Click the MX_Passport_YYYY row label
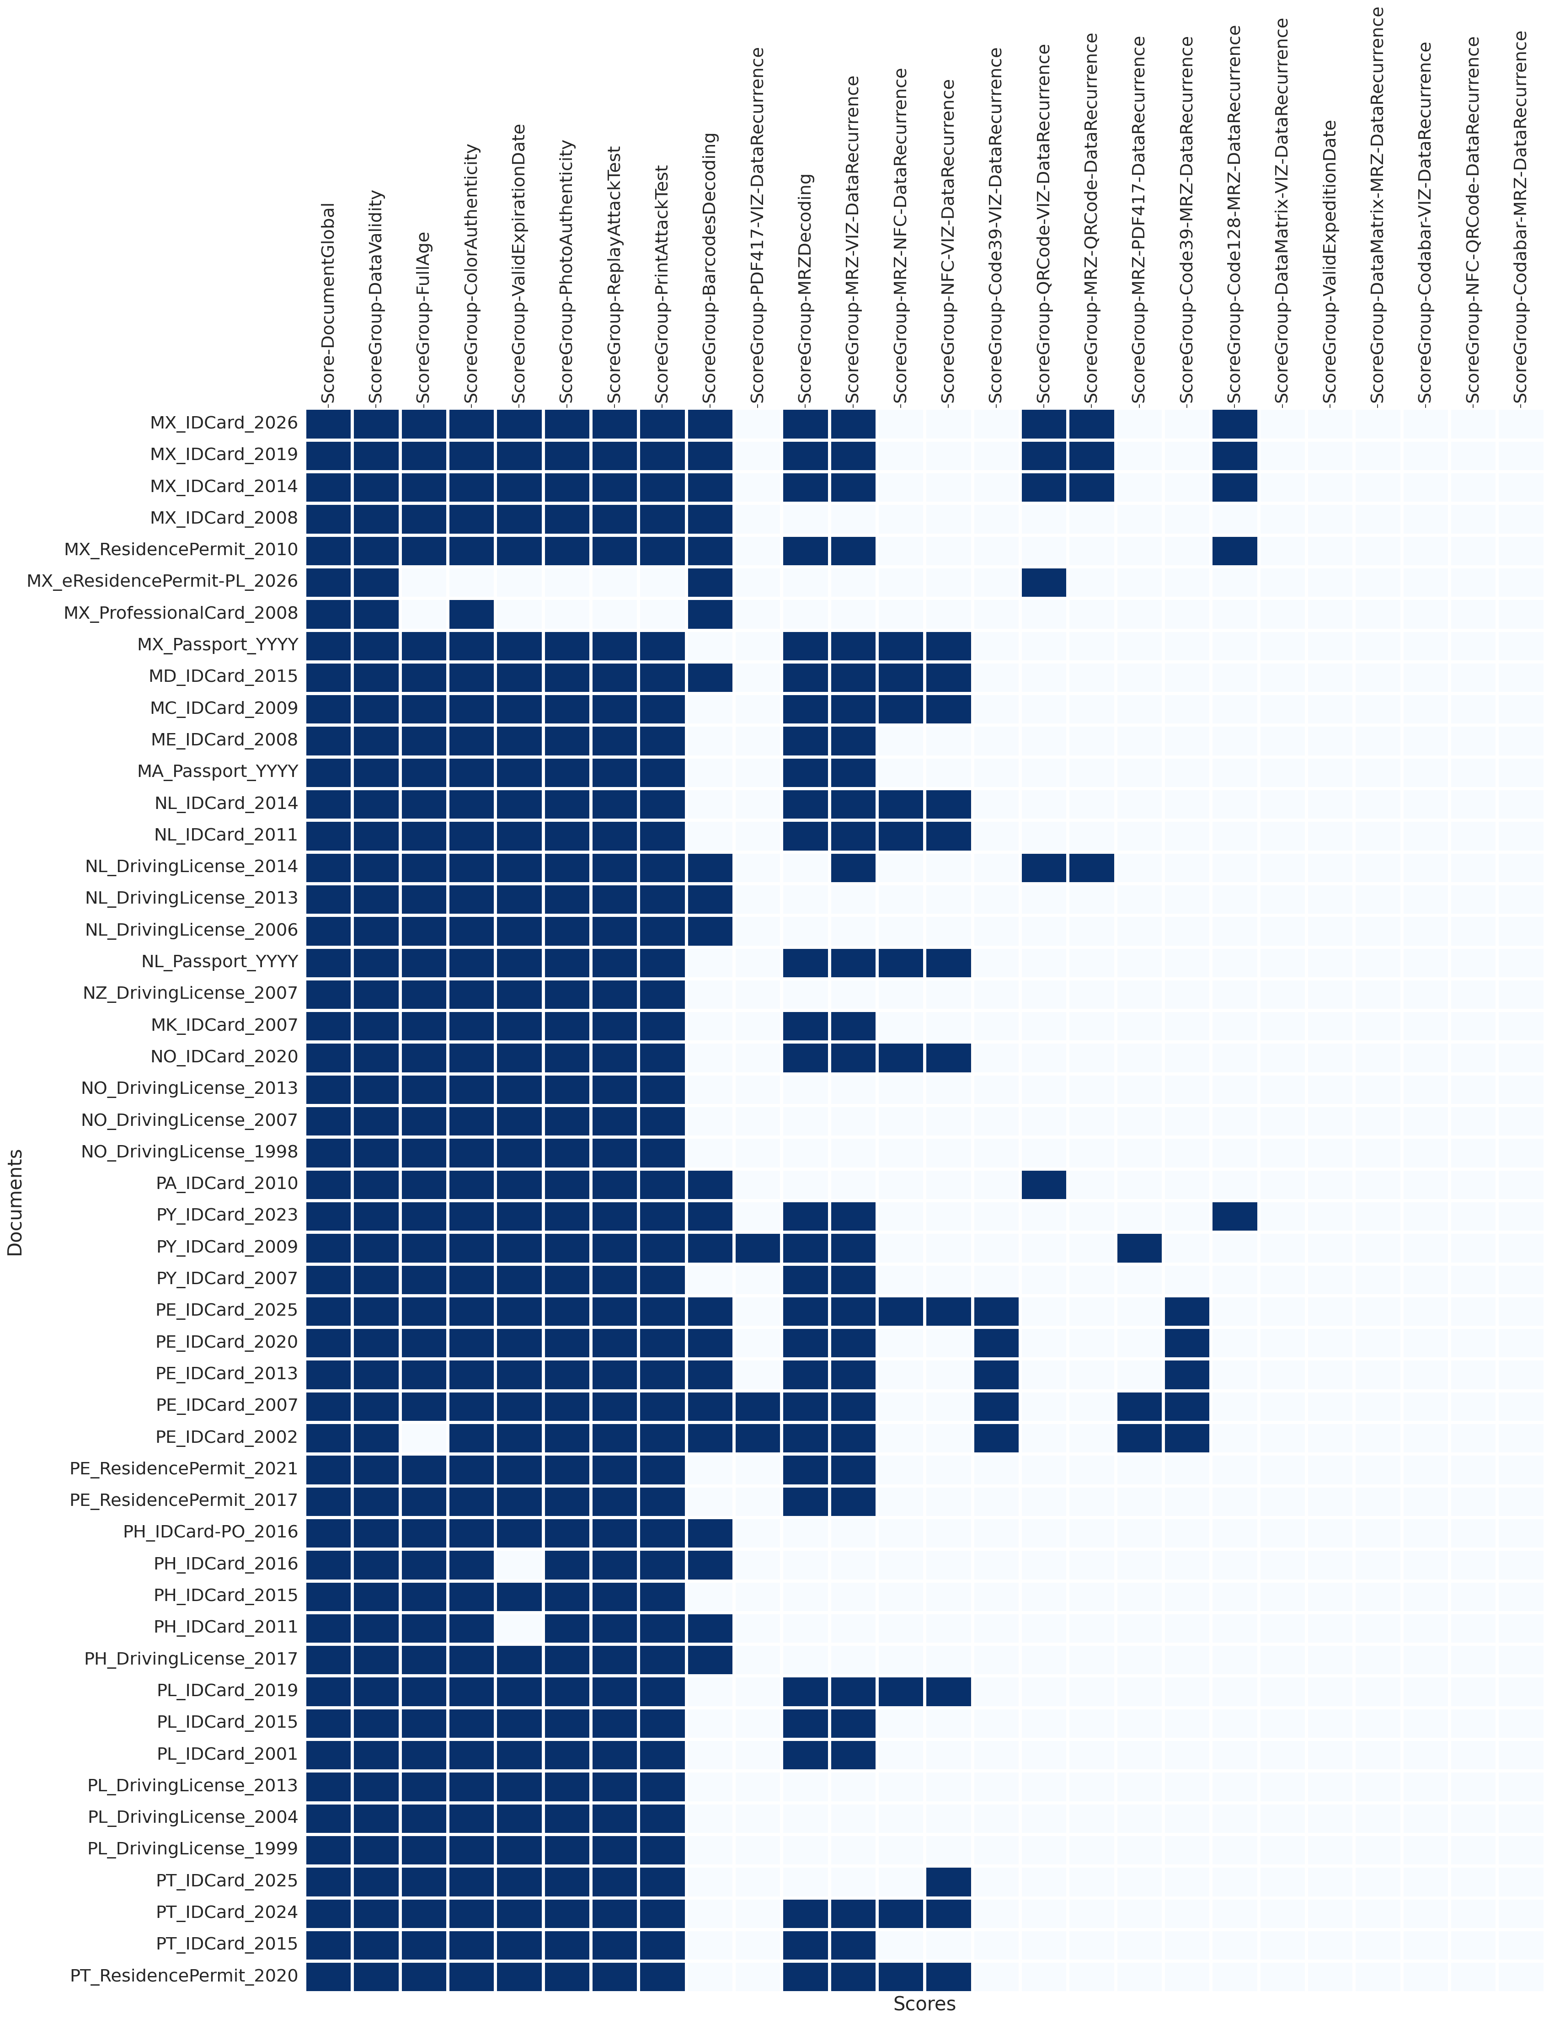(218, 644)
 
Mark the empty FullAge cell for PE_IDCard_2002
(424, 1437)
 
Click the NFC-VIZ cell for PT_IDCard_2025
(948, 1880)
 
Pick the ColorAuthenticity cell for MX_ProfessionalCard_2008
(471, 612)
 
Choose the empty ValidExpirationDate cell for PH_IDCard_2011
(519, 1627)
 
